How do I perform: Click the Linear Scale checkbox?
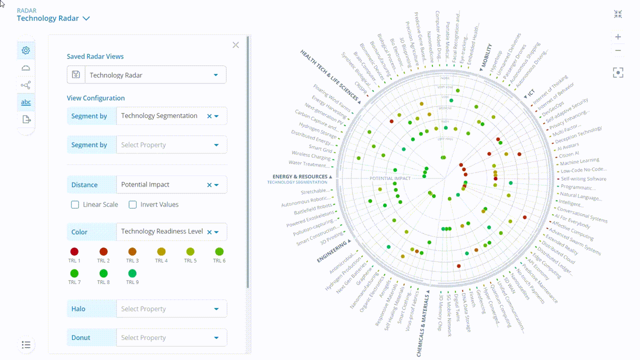click(x=75, y=204)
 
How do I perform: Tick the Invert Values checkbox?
click(x=132, y=204)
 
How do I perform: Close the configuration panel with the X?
click(x=236, y=45)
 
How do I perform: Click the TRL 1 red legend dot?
click(x=74, y=251)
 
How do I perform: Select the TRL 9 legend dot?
click(x=132, y=273)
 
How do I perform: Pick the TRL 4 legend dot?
click(x=161, y=251)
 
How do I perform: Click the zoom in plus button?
click(x=618, y=36)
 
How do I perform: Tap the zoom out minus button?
click(x=618, y=50)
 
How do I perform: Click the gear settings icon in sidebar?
click(x=26, y=50)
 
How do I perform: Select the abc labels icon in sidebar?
click(x=26, y=102)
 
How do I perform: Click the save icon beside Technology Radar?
click(x=75, y=75)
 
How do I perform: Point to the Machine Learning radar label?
click(x=579, y=161)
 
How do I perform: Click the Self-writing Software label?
click(x=583, y=178)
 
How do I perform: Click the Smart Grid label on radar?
click(x=320, y=149)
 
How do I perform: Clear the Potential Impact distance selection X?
click(x=209, y=185)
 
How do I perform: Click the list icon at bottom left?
click(x=26, y=344)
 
